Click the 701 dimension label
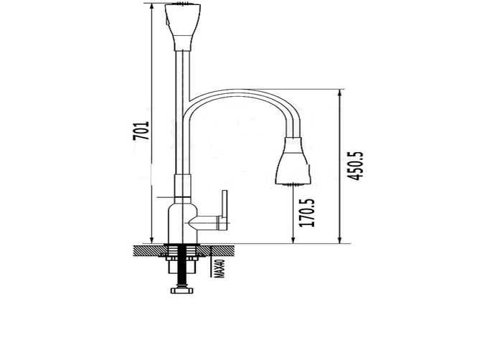coord(141,131)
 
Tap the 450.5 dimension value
coord(355,166)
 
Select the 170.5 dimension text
coord(307,212)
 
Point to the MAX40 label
coord(219,268)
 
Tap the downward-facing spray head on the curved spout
coord(293,161)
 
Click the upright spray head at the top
coord(182,27)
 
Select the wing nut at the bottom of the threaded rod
coord(182,290)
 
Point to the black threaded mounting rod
coord(182,265)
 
